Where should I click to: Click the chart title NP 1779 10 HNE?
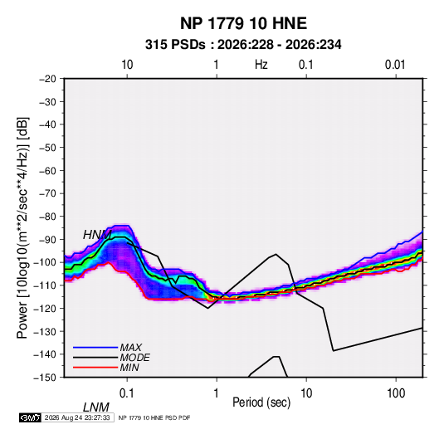[x=243, y=23]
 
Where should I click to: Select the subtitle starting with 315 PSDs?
[x=243, y=45]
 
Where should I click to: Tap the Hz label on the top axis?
[x=261, y=65]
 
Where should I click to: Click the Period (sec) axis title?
[x=261, y=402]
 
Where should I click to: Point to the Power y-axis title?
[x=22, y=228]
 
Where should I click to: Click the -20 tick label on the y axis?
[x=47, y=79]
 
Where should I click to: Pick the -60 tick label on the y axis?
[x=47, y=170]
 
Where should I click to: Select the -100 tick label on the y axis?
[x=45, y=262]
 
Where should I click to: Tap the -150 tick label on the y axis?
[x=45, y=378]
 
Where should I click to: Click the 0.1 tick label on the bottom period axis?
[x=127, y=393]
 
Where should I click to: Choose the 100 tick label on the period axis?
[x=396, y=393]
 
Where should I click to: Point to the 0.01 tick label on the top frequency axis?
[x=395, y=65]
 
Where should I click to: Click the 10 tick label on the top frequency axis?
[x=127, y=65]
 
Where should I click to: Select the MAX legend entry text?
[x=130, y=348]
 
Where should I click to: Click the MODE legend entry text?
[x=134, y=358]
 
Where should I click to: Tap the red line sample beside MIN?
[x=95, y=368]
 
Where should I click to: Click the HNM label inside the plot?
[x=97, y=235]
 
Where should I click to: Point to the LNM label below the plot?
[x=96, y=407]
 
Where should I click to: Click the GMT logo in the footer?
[x=30, y=417]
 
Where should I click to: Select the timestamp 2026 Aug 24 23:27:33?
[x=77, y=417]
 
